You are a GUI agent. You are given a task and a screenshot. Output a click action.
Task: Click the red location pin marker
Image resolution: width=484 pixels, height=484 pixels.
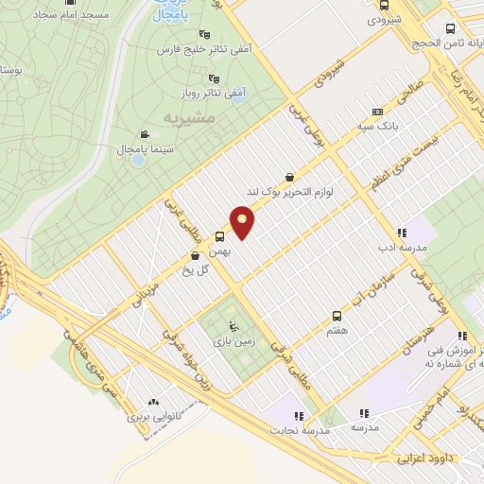pos(243,223)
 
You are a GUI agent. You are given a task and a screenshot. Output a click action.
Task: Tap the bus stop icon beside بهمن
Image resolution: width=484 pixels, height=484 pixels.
pos(220,236)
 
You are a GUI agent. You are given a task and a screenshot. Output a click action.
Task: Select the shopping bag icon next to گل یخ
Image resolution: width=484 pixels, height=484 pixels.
pos(195,254)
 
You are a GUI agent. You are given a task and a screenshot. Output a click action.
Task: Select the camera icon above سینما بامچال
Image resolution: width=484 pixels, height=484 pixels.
pos(144,135)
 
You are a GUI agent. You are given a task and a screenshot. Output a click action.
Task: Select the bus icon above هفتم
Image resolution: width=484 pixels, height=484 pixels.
pos(337,317)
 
